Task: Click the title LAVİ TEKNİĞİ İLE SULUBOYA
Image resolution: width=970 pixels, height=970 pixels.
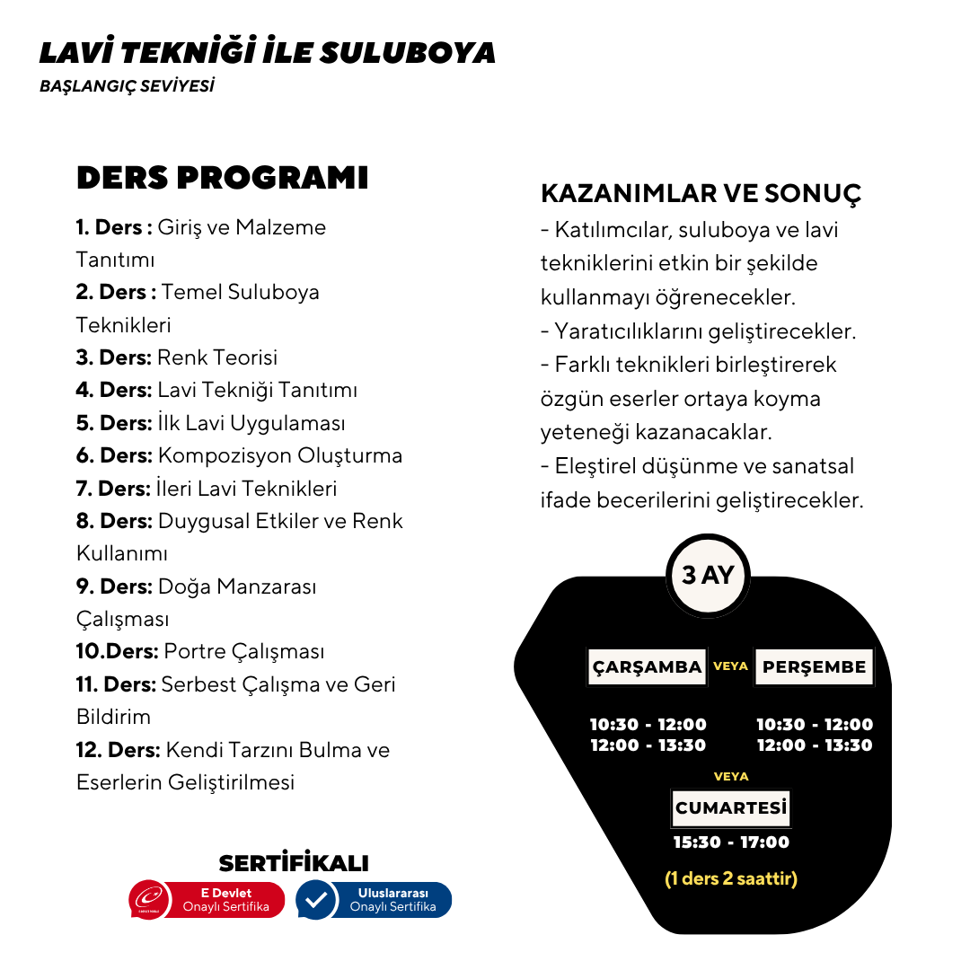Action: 267,52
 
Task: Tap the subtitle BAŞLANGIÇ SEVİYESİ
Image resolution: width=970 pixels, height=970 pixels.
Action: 127,87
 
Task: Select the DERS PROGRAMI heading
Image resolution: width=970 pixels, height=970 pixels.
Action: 222,178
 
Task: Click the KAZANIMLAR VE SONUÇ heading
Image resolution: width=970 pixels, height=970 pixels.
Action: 701,193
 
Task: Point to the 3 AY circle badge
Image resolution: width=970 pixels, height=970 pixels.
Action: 708,575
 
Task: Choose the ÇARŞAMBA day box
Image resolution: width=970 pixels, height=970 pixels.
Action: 647,667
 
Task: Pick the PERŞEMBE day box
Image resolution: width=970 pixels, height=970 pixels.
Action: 814,667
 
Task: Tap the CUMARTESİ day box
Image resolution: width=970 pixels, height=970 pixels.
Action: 731,807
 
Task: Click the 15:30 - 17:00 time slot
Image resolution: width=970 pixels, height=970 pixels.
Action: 731,842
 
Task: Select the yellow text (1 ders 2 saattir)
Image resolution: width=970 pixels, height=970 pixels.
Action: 731,878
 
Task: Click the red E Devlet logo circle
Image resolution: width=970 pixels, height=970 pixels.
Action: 149,900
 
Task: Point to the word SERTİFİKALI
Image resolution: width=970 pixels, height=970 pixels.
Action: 294,863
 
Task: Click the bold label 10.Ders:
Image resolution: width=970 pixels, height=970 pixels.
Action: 118,651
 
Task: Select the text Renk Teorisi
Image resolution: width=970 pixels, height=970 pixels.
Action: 217,357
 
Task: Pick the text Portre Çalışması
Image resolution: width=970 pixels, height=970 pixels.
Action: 244,651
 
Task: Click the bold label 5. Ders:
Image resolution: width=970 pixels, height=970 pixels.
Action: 114,423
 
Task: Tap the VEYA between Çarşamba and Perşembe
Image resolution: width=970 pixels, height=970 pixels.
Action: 730,666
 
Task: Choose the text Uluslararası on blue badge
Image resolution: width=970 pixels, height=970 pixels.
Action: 392,893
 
